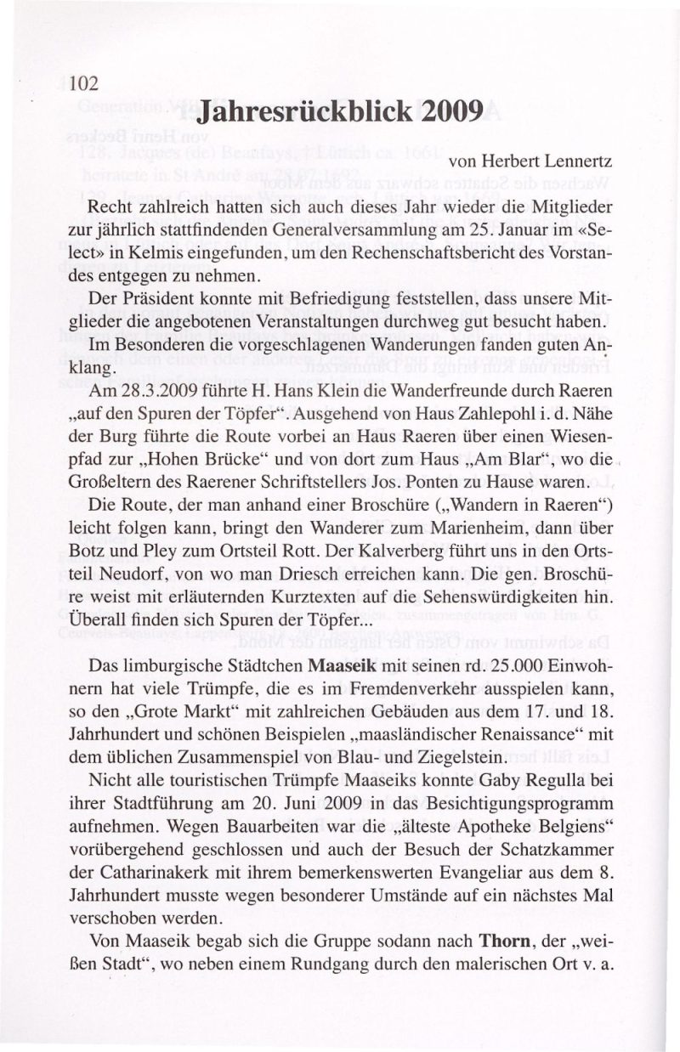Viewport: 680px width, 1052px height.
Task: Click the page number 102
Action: (x=85, y=84)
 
